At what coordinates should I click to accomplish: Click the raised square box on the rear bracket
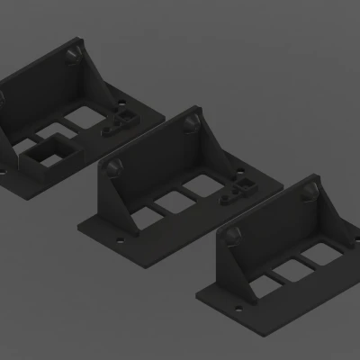pyautogui.click(x=49, y=153)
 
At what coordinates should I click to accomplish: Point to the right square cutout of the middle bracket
pyautogui.click(x=197, y=190)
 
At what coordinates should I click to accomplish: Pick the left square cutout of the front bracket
pyautogui.click(x=264, y=280)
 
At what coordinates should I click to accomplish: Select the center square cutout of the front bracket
pyautogui.click(x=290, y=268)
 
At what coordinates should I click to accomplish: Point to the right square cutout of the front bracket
pyautogui.click(x=316, y=256)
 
